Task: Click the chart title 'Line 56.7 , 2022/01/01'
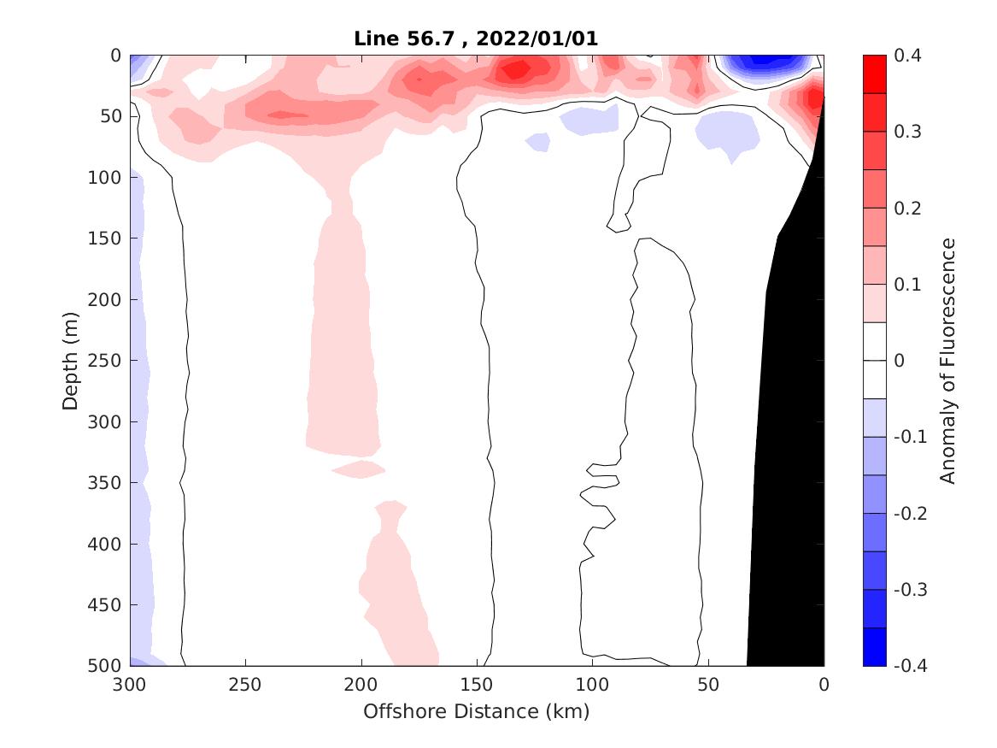pos(477,38)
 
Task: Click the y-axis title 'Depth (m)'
pos(72,360)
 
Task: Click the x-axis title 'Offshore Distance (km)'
pos(477,711)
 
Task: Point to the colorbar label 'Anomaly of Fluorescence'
pos(947,360)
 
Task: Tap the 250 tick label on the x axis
pos(246,686)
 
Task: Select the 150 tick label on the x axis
pos(477,686)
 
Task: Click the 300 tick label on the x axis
pos(130,686)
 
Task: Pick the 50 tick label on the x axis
pos(708,686)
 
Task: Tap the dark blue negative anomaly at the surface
pos(763,62)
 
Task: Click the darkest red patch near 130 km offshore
pos(516,69)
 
